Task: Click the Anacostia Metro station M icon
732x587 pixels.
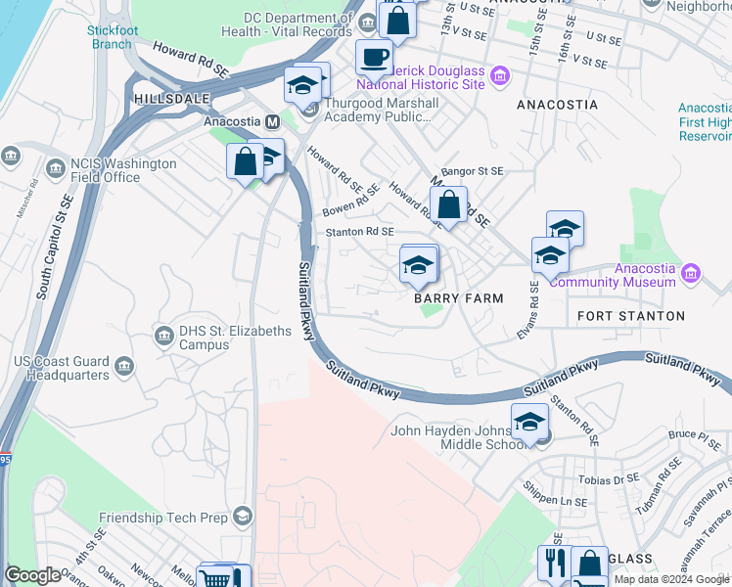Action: pyautogui.click(x=272, y=121)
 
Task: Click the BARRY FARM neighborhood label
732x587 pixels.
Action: pyautogui.click(x=458, y=298)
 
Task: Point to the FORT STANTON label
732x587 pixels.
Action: pyautogui.click(x=631, y=316)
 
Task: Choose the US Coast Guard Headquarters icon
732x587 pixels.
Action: pyautogui.click(x=124, y=366)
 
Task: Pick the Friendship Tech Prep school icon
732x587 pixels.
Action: pyautogui.click(x=242, y=517)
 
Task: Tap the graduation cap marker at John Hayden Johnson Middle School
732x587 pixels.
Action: pyautogui.click(x=529, y=423)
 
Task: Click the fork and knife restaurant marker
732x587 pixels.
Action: pyautogui.click(x=552, y=564)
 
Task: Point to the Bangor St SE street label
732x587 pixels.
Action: pyautogui.click(x=472, y=170)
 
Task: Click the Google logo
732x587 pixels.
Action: pyautogui.click(x=33, y=575)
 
